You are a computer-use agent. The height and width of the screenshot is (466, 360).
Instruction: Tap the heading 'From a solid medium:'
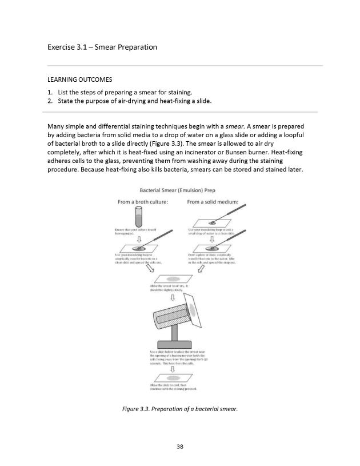pyautogui.click(x=213, y=202)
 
